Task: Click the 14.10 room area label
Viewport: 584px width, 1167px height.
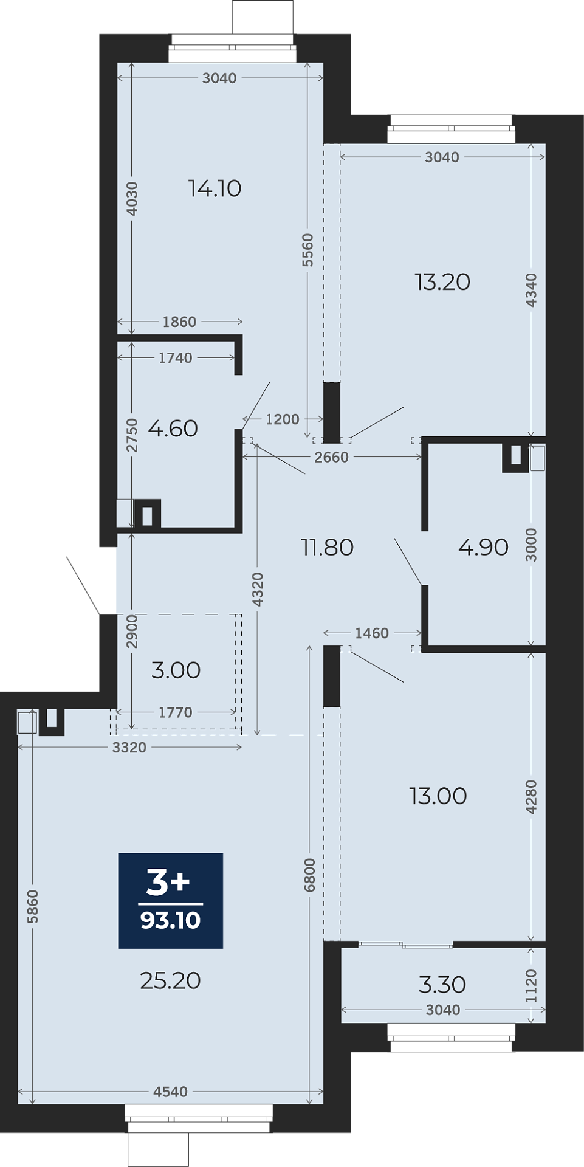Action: point(215,188)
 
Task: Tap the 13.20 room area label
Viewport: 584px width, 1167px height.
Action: point(442,282)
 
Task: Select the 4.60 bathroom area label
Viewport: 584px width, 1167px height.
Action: point(173,429)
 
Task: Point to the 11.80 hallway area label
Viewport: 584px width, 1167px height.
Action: point(328,548)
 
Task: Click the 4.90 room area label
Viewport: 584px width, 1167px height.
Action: point(484,547)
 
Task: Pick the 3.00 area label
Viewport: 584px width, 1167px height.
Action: point(176,670)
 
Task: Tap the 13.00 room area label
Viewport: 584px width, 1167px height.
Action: point(438,796)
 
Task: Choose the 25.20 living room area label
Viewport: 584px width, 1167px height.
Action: point(170,980)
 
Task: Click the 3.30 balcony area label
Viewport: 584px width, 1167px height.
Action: point(442,985)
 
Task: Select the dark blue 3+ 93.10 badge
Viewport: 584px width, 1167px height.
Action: point(171,901)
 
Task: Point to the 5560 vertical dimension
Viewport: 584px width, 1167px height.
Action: point(307,250)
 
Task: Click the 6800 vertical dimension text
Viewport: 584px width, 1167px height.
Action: point(310,875)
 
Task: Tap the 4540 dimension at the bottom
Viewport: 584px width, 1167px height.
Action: point(171,1092)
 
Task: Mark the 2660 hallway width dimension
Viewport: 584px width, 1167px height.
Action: point(332,457)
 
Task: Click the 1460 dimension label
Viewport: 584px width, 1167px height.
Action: point(372,633)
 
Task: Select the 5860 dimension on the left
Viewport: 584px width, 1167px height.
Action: point(33,906)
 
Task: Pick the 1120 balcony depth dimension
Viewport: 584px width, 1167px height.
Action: point(531,986)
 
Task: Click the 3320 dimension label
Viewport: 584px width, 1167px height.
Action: point(129,748)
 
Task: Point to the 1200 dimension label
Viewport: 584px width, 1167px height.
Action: point(283,419)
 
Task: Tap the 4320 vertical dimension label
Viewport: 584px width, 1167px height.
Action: point(258,590)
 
